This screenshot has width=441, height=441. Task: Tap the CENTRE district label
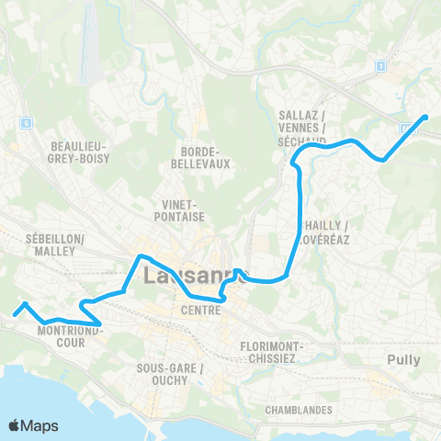tap(200, 311)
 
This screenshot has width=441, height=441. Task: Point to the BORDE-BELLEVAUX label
tap(199, 157)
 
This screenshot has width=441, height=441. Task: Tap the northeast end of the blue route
tap(425, 117)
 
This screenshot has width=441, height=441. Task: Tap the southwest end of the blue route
tap(14, 313)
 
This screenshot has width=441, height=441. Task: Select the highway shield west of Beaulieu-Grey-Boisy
tap(27, 122)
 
